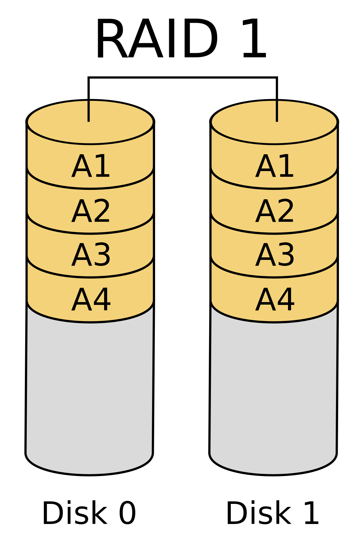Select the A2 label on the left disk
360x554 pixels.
(91, 211)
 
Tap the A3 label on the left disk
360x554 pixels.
(91, 255)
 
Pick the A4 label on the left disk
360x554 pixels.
(91, 300)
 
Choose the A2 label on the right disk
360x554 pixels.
(274, 211)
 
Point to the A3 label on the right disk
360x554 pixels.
(274, 255)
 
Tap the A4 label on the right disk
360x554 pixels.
(274, 300)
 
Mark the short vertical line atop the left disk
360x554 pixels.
(88, 111)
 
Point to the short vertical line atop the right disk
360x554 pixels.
(277, 111)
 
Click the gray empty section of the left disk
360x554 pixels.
(89, 390)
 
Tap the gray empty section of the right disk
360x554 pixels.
(273, 390)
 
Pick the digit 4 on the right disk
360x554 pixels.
(286, 300)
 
